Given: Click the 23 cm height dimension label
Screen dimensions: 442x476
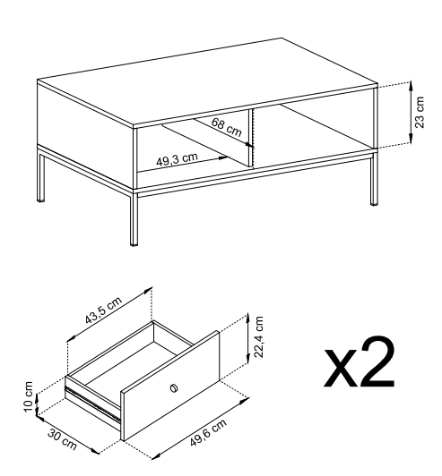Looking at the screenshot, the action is pos(420,113).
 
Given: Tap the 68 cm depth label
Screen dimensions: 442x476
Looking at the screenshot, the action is pos(226,127).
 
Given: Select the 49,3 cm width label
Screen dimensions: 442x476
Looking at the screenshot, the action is pos(177,159).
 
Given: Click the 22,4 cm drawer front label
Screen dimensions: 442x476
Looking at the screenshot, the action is pos(258,336).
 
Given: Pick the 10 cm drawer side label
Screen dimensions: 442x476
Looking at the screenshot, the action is pos(29,396).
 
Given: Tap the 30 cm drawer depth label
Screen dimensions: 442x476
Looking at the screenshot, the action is pos(62,439).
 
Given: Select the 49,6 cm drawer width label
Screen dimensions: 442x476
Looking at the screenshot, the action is pos(208,432).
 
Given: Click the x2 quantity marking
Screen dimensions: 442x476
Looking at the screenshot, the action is pos(360,361).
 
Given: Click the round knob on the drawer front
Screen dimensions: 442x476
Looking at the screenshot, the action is pos(174,388).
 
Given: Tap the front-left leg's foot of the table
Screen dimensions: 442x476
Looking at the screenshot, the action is pos(134,242).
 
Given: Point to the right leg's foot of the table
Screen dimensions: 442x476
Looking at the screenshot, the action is pos(374,203).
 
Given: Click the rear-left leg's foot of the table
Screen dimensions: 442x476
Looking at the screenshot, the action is pos(40,200).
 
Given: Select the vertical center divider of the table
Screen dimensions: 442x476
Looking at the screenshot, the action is pos(251,138).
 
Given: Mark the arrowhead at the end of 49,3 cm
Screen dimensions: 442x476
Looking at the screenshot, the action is pos(223,157).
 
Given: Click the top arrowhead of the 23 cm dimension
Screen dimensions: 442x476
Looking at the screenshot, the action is pos(411,86).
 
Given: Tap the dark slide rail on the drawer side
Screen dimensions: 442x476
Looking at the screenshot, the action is pos(92,404).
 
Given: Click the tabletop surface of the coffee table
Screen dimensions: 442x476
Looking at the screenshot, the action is pos(208,81).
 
